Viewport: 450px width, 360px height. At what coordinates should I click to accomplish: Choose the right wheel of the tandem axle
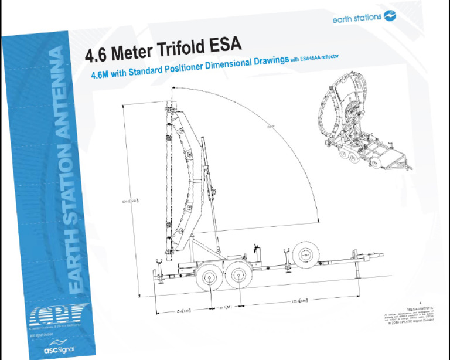237,275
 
